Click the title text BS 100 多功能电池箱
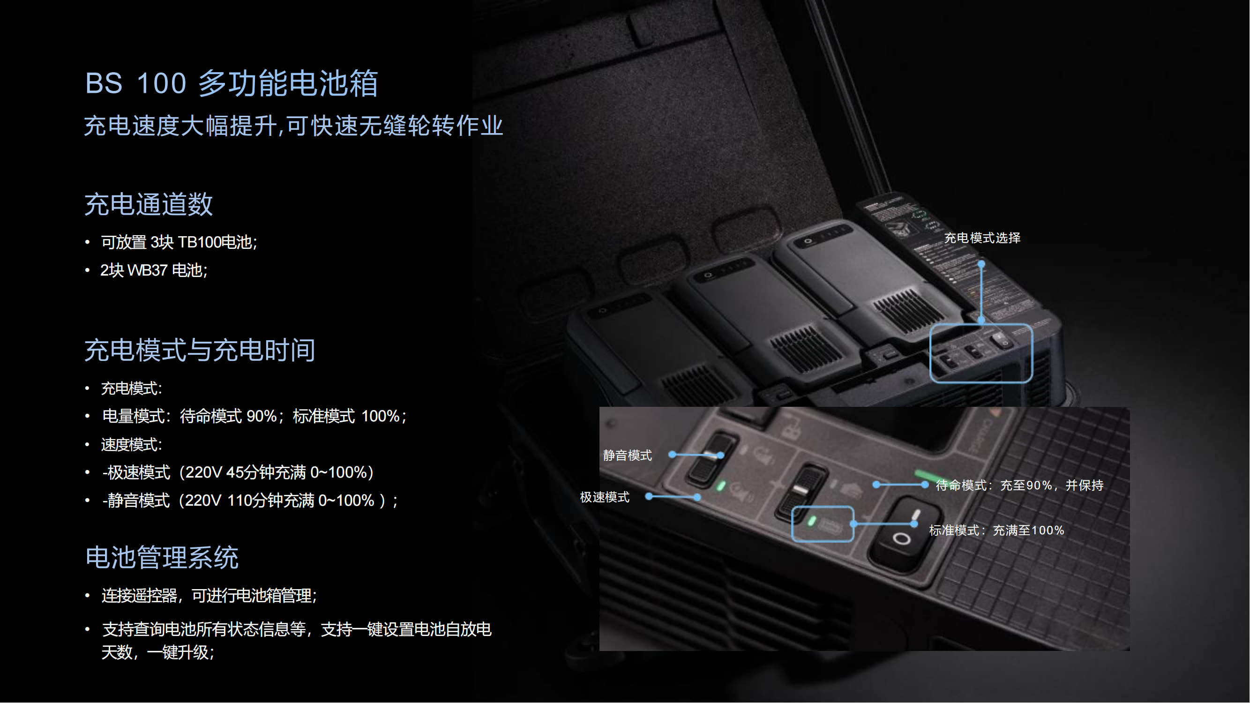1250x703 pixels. [232, 83]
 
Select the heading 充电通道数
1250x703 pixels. [149, 204]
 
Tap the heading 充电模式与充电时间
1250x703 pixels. [200, 350]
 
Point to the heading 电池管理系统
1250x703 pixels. [162, 557]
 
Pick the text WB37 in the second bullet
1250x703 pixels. [148, 270]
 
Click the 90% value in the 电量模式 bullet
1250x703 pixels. [262, 416]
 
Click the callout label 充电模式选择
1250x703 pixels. [982, 238]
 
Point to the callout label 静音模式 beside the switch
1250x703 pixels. [628, 456]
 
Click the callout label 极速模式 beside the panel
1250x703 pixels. [605, 497]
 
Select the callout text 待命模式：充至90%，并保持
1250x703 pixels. [1019, 486]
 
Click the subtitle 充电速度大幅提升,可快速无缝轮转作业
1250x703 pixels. [293, 126]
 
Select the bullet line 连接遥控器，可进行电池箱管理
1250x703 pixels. [209, 596]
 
